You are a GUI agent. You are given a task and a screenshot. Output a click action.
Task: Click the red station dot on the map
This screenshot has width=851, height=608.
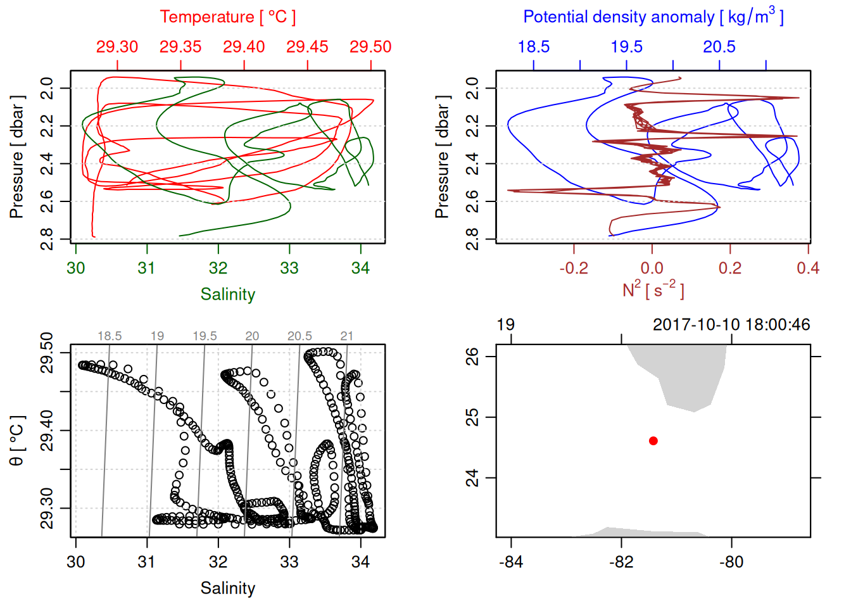tap(653, 441)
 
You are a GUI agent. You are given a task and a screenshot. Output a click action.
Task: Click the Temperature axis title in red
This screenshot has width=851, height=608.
tap(227, 17)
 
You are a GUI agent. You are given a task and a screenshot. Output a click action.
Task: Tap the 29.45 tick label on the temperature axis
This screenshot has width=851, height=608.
tap(307, 47)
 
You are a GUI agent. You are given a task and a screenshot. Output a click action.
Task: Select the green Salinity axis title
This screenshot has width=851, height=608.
tap(227, 294)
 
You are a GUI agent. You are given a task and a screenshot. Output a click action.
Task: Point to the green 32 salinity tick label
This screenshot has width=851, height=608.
tap(218, 269)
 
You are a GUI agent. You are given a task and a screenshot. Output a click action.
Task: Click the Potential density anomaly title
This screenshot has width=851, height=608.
tap(653, 17)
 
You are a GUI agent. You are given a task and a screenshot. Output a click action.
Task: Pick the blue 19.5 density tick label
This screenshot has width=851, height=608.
tap(626, 47)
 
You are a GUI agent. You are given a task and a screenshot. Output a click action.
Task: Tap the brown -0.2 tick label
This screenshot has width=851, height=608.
tap(574, 269)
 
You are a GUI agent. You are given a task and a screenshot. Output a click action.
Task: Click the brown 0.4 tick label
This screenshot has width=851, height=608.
tap(808, 269)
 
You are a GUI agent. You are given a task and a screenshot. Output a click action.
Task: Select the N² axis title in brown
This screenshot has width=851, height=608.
tap(653, 290)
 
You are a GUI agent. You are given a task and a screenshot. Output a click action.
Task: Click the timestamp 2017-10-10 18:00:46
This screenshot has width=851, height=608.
tap(731, 325)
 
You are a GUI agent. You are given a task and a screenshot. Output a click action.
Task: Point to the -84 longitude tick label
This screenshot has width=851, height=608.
tap(511, 562)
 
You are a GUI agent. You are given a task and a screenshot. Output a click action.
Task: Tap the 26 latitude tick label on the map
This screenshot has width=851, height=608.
tap(472, 357)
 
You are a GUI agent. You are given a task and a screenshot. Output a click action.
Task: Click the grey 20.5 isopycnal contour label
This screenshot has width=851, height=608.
tap(299, 336)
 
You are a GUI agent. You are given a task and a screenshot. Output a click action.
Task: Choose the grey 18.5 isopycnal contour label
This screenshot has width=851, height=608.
tap(110, 336)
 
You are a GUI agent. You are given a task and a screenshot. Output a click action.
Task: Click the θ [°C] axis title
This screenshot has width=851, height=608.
tap(17, 441)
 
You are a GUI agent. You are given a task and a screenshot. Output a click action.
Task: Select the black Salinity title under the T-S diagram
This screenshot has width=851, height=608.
tap(227, 588)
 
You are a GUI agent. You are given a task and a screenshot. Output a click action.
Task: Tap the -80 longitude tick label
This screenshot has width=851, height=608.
tap(731, 562)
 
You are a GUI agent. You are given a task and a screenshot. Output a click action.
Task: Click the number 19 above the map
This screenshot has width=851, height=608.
tap(505, 325)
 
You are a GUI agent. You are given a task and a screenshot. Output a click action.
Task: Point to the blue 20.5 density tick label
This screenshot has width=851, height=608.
tap(719, 47)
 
